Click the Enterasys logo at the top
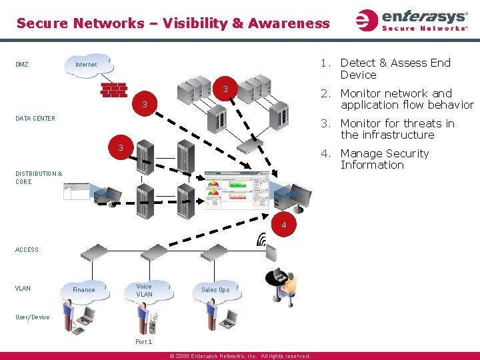click(x=411, y=20)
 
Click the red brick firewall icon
click(x=113, y=90)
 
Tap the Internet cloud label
click(x=86, y=65)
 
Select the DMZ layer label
click(x=22, y=65)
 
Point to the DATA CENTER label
click(x=35, y=119)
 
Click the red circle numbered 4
click(x=284, y=226)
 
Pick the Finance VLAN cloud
click(x=84, y=289)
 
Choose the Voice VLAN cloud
click(x=145, y=291)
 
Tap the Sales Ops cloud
click(x=215, y=289)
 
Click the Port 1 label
click(x=143, y=342)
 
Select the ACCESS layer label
click(x=27, y=250)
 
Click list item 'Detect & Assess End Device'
click(x=395, y=69)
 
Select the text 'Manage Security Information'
click(x=385, y=159)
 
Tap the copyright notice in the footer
click(x=240, y=356)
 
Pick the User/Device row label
click(x=32, y=317)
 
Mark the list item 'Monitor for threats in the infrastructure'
click(x=397, y=129)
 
